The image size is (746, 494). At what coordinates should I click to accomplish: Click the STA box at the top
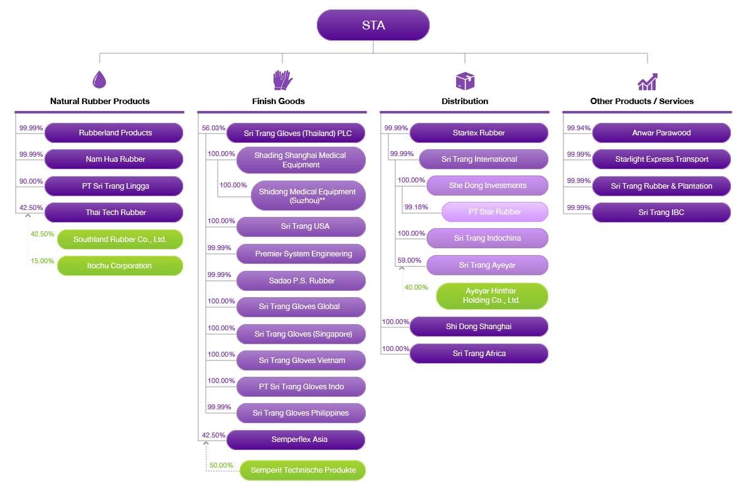[x=373, y=26]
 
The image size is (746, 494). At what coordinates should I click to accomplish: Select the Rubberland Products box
[x=114, y=133]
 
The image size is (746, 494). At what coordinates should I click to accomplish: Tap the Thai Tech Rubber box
[x=114, y=213]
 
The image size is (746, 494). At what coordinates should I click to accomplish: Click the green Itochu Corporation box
[x=120, y=266]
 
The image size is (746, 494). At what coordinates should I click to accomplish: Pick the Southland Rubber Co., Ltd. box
[x=120, y=239]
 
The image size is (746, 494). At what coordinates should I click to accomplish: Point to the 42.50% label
[x=42, y=234]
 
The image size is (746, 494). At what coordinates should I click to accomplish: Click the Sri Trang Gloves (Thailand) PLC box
[x=296, y=134]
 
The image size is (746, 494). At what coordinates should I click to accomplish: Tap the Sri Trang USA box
[x=301, y=226]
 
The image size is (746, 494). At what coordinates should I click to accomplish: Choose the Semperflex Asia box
[x=296, y=439]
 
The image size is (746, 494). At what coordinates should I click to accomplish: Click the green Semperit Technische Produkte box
[x=302, y=470]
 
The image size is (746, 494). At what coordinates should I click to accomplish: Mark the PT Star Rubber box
[x=494, y=212]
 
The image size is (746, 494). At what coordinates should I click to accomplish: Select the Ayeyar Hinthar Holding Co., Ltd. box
[x=492, y=296]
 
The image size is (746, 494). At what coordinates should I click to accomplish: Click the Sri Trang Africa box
[x=479, y=354]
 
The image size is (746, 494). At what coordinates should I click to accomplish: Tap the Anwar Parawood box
[x=661, y=133]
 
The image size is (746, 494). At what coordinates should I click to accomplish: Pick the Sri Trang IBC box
[x=661, y=213]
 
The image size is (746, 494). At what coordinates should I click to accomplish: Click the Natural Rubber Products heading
[x=100, y=101]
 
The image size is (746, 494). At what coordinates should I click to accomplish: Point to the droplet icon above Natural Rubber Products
[x=99, y=80]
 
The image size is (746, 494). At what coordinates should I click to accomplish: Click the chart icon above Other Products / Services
[x=647, y=81]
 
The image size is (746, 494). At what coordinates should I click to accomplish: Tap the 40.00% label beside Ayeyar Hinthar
[x=416, y=287]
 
